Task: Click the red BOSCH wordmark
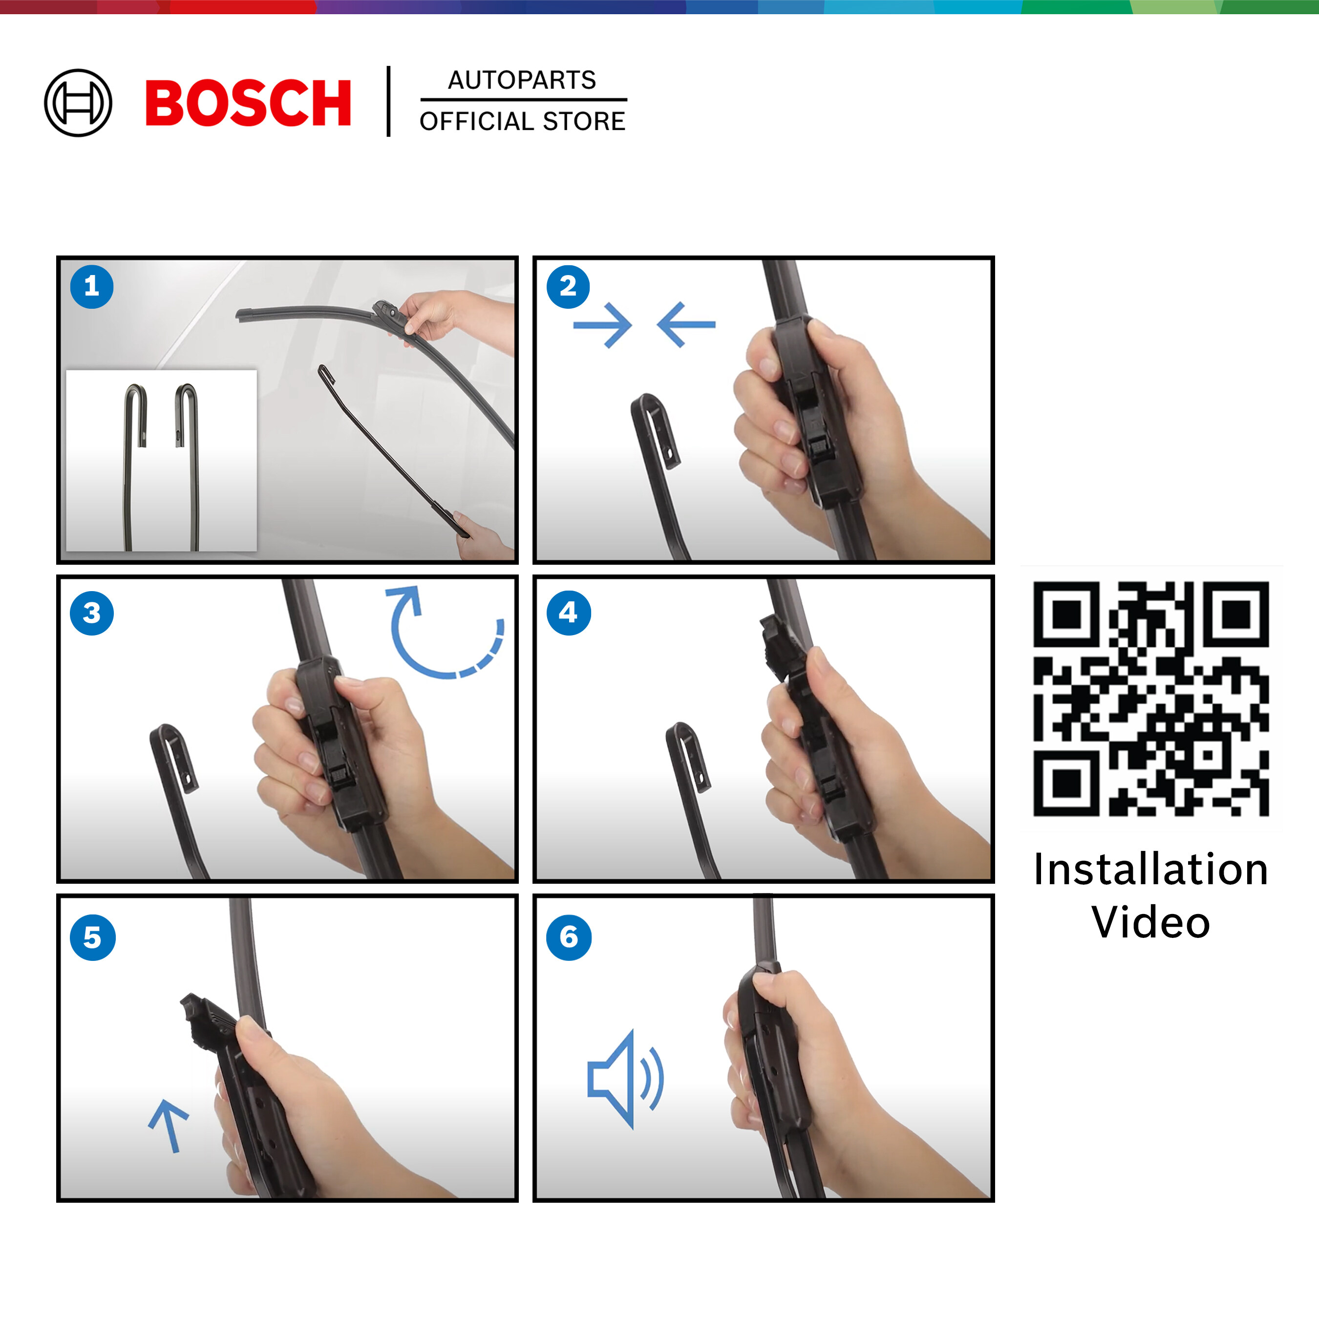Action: (x=248, y=103)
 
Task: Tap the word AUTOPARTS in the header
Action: (x=522, y=80)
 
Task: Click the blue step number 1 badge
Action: (x=91, y=287)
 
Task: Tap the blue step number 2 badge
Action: (x=568, y=287)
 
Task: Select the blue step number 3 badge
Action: (x=91, y=613)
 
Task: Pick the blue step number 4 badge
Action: (x=568, y=613)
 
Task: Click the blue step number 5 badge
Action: (x=92, y=938)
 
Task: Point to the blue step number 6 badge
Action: (x=569, y=938)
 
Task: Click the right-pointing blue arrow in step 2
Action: (x=603, y=326)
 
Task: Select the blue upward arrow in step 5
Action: (x=169, y=1126)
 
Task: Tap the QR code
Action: (x=1151, y=699)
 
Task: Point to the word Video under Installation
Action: (x=1151, y=922)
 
